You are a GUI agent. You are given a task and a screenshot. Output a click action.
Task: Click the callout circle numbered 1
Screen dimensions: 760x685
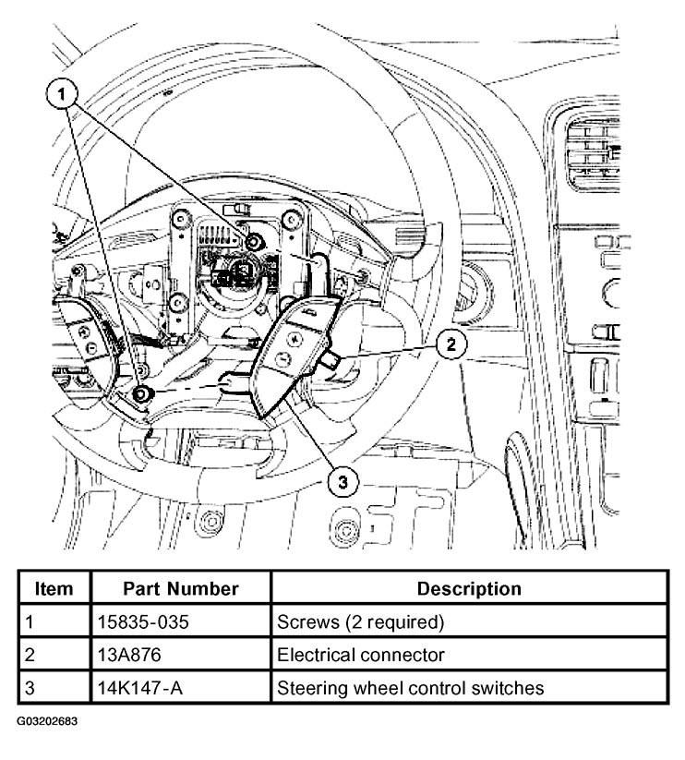point(61,91)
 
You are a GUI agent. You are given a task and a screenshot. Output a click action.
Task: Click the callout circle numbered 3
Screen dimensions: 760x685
point(341,480)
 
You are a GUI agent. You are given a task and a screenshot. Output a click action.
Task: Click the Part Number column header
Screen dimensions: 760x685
point(182,589)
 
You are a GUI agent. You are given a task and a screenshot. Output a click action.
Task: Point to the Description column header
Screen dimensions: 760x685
point(469,589)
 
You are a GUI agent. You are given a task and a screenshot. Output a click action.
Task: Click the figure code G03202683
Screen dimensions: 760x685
point(46,719)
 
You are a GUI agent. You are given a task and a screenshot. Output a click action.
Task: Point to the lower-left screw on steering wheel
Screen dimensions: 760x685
point(141,395)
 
